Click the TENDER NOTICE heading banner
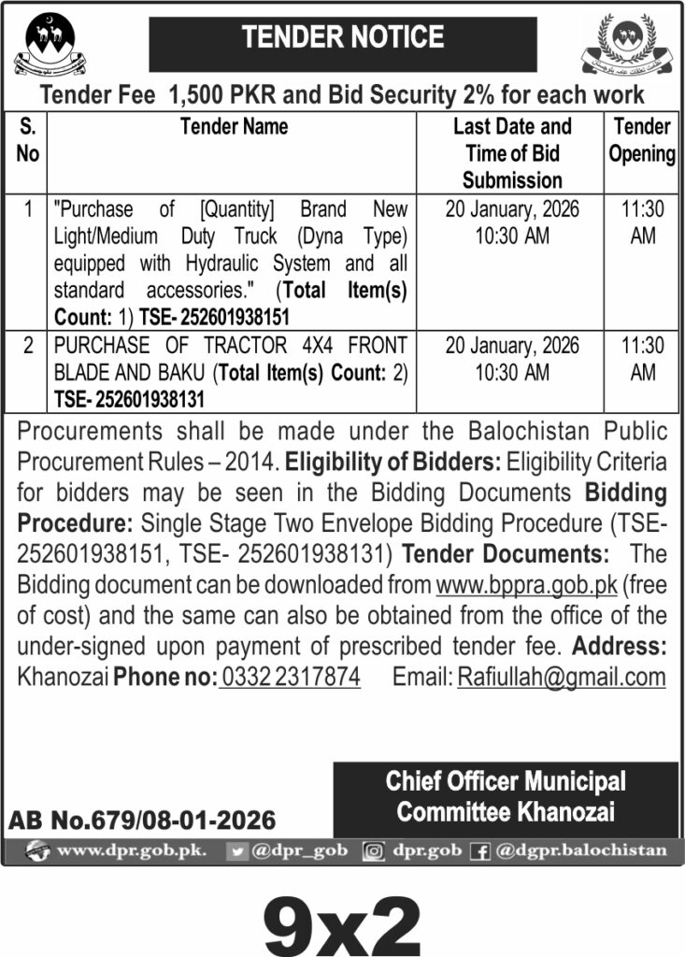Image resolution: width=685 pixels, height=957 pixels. click(x=343, y=38)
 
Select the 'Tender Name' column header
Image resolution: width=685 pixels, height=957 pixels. click(x=234, y=127)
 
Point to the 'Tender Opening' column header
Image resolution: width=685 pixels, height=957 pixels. click(x=642, y=140)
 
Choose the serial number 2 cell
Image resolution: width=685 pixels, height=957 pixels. click(x=28, y=346)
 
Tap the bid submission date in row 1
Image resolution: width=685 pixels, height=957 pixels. click(x=512, y=209)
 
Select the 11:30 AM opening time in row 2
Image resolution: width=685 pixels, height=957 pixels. click(x=642, y=358)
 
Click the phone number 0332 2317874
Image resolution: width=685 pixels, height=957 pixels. click(x=291, y=678)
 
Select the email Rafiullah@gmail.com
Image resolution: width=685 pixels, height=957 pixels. click(x=561, y=678)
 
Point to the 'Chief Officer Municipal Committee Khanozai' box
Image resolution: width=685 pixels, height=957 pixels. click(x=506, y=796)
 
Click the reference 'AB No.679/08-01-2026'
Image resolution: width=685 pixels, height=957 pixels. click(x=143, y=821)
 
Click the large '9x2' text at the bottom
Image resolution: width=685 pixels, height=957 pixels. click(x=342, y=920)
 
